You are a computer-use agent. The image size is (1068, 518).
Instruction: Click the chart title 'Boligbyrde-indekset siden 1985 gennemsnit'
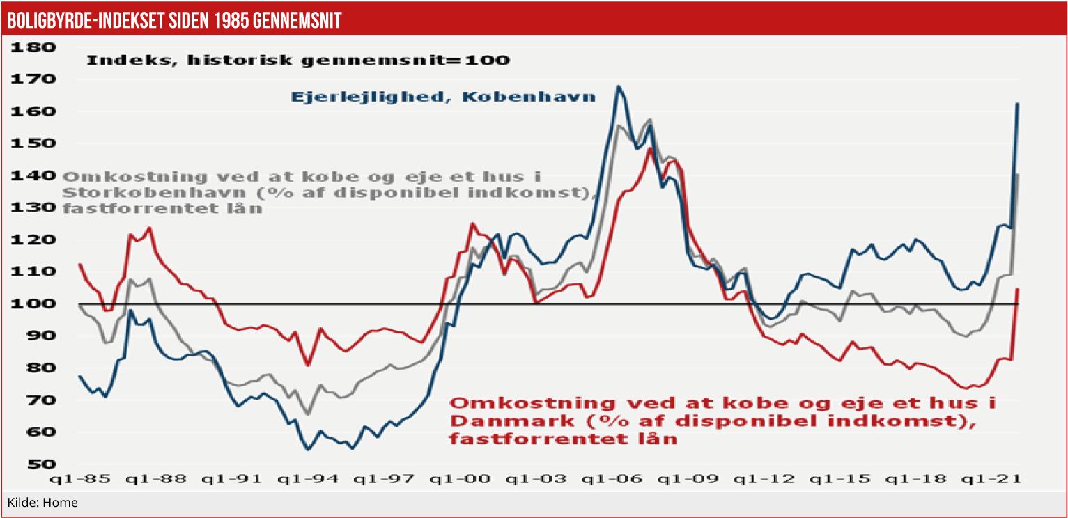pyautogui.click(x=174, y=21)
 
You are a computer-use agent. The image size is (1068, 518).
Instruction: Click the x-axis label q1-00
pyautogui.click(x=460, y=480)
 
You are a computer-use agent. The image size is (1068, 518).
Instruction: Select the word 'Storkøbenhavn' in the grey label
pyautogui.click(x=133, y=192)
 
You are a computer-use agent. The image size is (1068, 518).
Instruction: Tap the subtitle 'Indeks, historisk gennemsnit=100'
pyautogui.click(x=297, y=60)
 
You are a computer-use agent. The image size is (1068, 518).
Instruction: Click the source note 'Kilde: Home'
pyautogui.click(x=42, y=503)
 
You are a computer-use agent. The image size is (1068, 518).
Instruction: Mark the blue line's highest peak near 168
pyautogui.click(x=618, y=86)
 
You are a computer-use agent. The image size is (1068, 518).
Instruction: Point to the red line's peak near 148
pyautogui.click(x=649, y=148)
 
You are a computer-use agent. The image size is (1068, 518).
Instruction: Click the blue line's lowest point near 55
pyautogui.click(x=307, y=450)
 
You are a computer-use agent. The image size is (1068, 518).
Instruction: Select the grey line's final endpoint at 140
pyautogui.click(x=1018, y=174)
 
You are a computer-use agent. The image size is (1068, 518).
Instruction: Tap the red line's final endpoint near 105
pyautogui.click(x=1018, y=289)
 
